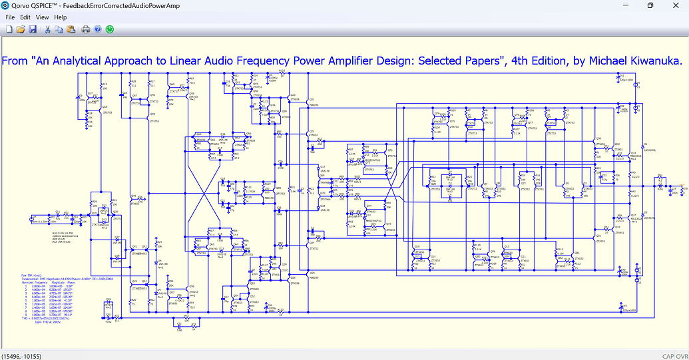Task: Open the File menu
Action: tap(10, 17)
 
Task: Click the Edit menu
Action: tap(25, 17)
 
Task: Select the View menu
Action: tap(43, 17)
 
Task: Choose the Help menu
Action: tap(61, 17)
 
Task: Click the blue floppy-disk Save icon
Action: tap(33, 29)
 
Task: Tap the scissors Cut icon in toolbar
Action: tap(48, 29)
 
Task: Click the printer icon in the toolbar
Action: tap(86, 29)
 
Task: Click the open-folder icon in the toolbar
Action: tap(21, 29)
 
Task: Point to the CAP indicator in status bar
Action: tap(668, 355)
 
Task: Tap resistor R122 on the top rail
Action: tap(282, 72)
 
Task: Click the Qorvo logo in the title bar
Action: tap(5, 5)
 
